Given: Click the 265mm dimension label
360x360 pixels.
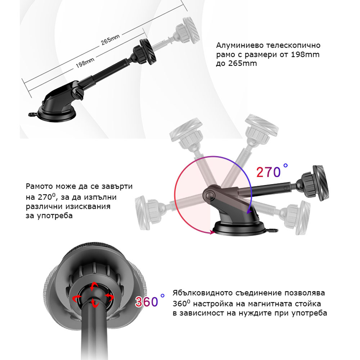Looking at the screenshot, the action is coord(110,40).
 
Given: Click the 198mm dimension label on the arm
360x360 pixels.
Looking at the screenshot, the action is coord(85,63).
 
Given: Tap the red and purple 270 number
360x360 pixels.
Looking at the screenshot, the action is coord(269,172).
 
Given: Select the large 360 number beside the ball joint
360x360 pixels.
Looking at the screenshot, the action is coord(147,302).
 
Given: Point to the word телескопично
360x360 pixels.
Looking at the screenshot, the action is coord(293,45).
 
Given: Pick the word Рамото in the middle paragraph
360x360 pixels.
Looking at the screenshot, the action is coord(39,186).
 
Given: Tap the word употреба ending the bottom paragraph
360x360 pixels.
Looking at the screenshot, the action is coord(309,313).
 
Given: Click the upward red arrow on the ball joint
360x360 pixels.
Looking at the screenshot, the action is coord(94,286).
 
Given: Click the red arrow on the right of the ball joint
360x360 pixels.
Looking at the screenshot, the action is coord(110,298).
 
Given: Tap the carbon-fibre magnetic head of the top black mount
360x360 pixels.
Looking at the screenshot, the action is coord(148,51).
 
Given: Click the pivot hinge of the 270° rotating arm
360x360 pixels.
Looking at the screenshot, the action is coord(209,195).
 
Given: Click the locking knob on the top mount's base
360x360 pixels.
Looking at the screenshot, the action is coord(78,93).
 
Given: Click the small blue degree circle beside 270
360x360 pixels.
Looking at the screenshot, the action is coord(285,165).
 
